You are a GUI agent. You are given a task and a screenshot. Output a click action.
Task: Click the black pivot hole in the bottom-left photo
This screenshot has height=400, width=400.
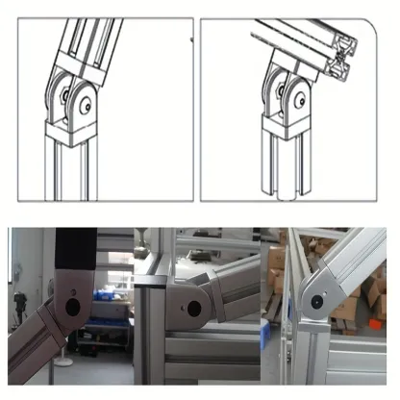(x=68, y=309)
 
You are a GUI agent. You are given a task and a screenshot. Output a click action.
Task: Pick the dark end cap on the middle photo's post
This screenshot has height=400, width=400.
(x=154, y=281)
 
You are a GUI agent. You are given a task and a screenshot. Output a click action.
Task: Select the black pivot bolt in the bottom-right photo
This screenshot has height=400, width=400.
(x=317, y=304)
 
